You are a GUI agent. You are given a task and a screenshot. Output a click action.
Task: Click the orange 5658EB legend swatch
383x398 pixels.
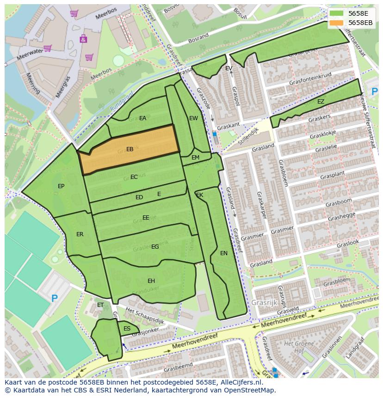[x=337, y=23]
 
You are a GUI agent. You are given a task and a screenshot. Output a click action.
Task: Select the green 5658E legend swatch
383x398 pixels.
[x=337, y=13]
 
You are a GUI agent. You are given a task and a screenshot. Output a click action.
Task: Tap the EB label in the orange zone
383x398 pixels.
[x=130, y=149]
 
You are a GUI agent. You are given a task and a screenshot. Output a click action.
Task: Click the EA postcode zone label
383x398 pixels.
[x=142, y=118]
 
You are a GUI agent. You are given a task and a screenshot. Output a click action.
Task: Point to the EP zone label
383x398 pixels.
[x=61, y=186]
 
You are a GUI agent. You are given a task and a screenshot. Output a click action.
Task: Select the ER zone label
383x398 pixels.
[x=80, y=234]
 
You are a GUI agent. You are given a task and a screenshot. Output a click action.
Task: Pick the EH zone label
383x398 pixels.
[x=151, y=281]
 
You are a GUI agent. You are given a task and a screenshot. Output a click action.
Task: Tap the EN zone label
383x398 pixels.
[x=224, y=253]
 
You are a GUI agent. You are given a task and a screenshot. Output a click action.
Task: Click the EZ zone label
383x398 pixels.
[x=321, y=102]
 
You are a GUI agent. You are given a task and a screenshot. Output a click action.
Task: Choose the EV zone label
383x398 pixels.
[x=229, y=68]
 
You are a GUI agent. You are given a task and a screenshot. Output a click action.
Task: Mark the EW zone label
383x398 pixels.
[x=193, y=118]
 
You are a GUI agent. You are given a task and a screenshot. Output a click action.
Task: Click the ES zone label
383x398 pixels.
[x=127, y=329]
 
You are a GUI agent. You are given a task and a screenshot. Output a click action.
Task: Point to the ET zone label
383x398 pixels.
[x=100, y=305]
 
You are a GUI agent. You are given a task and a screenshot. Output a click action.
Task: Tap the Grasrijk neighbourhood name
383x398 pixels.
[x=264, y=303]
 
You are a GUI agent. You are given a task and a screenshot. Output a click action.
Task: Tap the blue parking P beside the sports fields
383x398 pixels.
[x=55, y=299]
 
